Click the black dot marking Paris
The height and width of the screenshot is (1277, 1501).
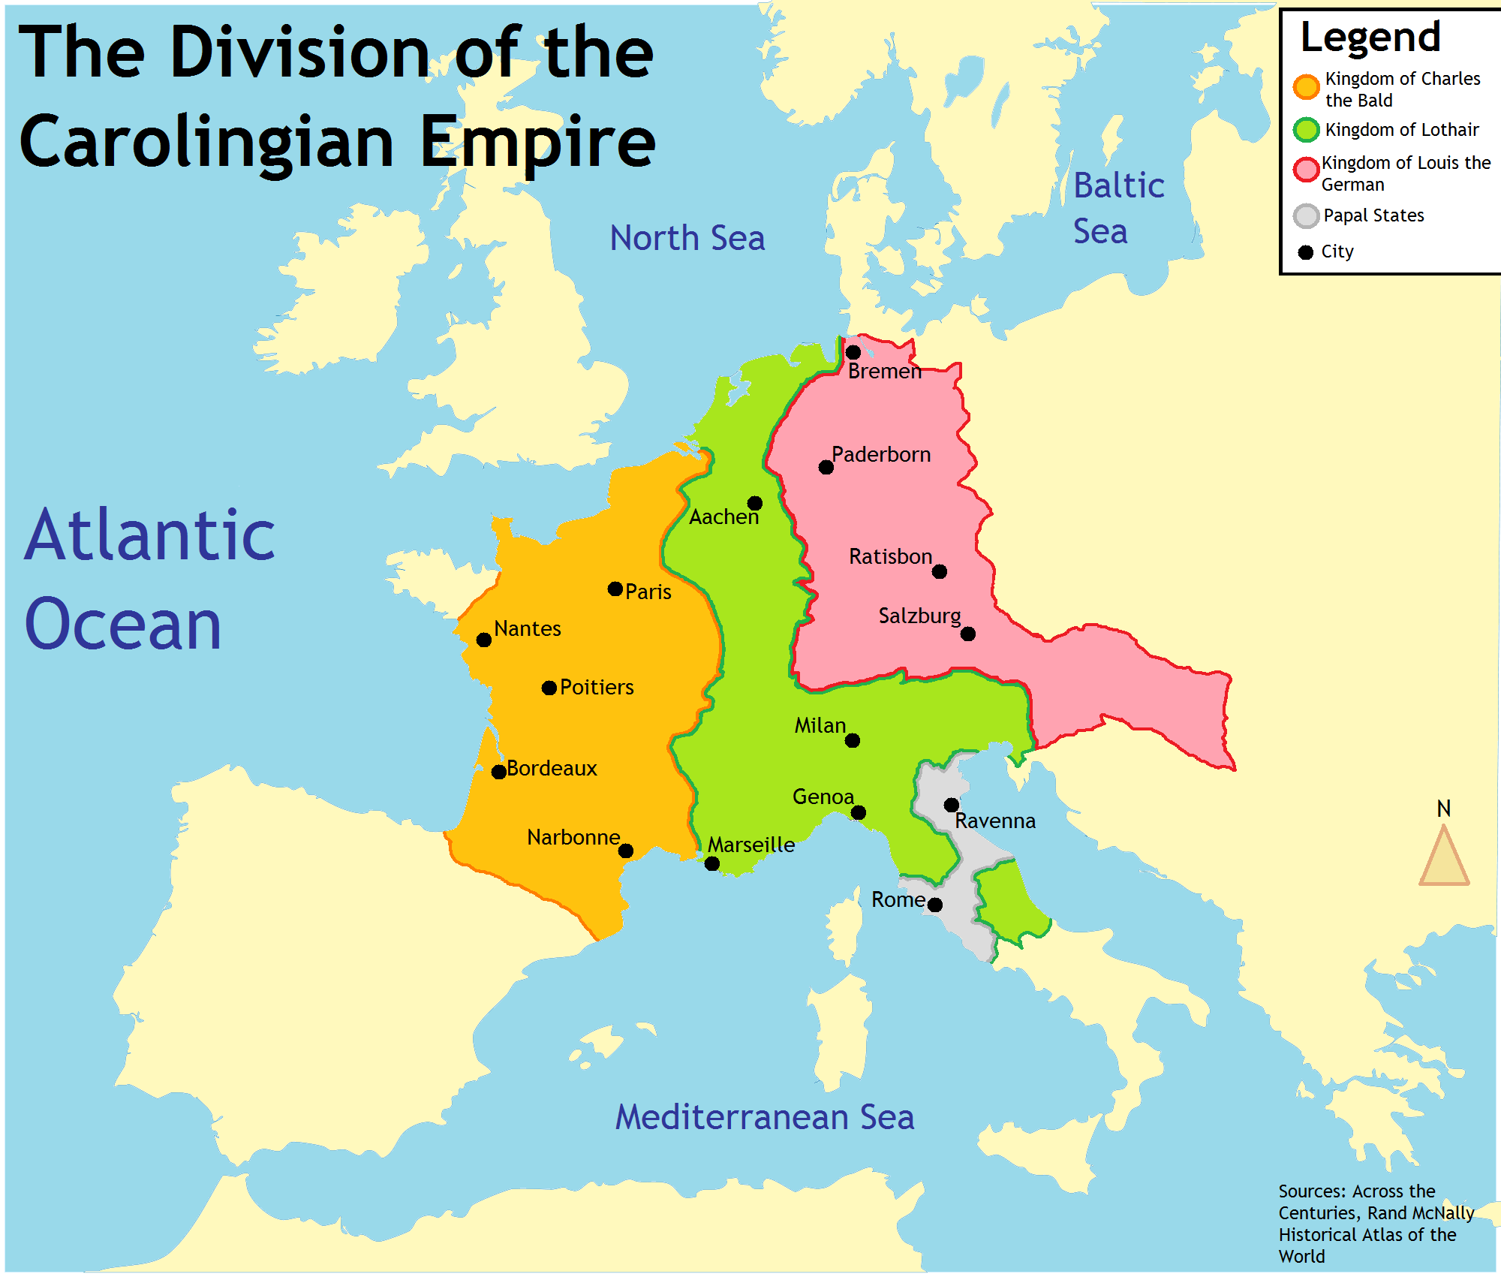(x=615, y=589)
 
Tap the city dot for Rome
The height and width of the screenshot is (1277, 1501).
(x=935, y=905)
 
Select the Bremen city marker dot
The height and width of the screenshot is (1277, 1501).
(x=853, y=352)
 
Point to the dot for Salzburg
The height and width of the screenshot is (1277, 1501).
(x=968, y=634)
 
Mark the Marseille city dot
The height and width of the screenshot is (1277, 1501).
(x=712, y=864)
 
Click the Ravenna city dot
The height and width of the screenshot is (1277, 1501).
(x=951, y=805)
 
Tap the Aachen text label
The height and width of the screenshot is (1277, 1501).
(x=724, y=517)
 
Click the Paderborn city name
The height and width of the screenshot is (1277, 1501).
(x=881, y=455)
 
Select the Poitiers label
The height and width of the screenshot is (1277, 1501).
(x=597, y=688)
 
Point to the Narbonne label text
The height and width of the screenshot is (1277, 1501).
(x=573, y=838)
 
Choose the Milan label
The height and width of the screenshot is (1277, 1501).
(x=820, y=726)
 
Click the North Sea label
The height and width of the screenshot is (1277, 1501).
(x=687, y=239)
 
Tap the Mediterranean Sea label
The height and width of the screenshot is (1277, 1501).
(x=765, y=1117)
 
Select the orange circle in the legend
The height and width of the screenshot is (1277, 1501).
(x=1307, y=87)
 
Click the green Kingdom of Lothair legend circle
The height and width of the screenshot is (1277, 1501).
(x=1307, y=130)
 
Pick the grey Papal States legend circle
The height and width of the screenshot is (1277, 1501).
(x=1307, y=216)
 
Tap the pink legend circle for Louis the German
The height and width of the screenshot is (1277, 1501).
(x=1307, y=170)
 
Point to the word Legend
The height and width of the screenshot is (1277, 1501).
(x=1370, y=38)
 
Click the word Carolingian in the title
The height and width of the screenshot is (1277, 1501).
(x=206, y=143)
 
